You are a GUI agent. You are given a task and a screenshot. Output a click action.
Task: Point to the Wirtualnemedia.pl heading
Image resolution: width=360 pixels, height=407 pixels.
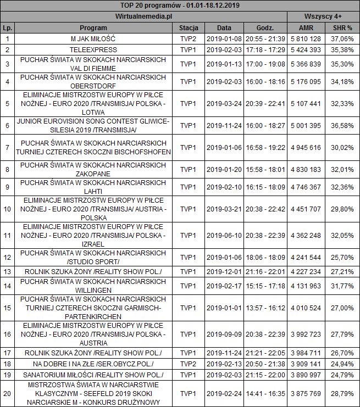[143, 16]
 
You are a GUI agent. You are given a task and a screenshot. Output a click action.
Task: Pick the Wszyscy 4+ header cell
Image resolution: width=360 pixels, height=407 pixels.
[323, 16]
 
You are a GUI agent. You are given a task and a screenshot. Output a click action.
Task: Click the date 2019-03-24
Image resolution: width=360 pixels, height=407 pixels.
[224, 103]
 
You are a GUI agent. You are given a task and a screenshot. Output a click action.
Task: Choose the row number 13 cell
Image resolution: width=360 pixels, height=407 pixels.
[7, 271]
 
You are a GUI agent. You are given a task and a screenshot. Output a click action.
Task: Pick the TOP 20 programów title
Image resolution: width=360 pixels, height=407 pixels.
[180, 5]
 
